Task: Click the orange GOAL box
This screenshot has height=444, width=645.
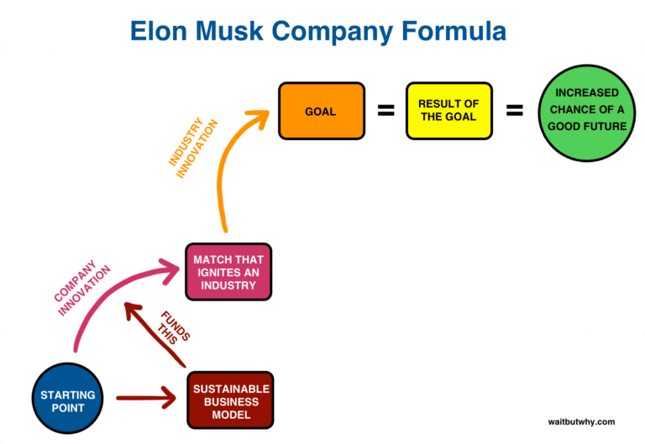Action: click(321, 111)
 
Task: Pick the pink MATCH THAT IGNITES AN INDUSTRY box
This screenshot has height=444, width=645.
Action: click(228, 273)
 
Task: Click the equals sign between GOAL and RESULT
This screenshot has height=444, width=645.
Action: click(385, 111)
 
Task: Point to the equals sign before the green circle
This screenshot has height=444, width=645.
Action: click(514, 111)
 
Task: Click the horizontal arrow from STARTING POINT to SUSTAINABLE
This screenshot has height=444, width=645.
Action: click(147, 397)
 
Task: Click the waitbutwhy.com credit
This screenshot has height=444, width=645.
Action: click(579, 421)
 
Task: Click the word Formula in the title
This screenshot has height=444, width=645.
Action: click(453, 32)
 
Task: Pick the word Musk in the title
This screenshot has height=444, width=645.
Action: click(239, 32)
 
